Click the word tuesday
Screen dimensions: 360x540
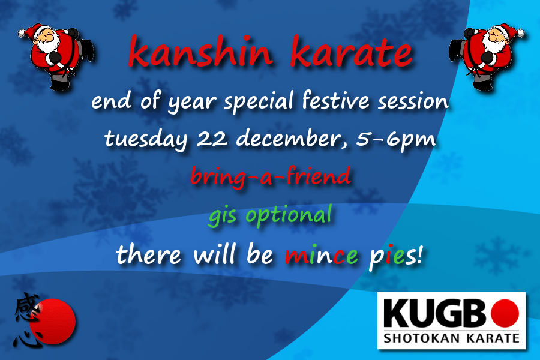click(147, 139)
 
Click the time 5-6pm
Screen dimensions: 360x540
click(399, 139)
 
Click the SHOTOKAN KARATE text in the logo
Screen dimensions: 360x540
click(451, 338)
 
